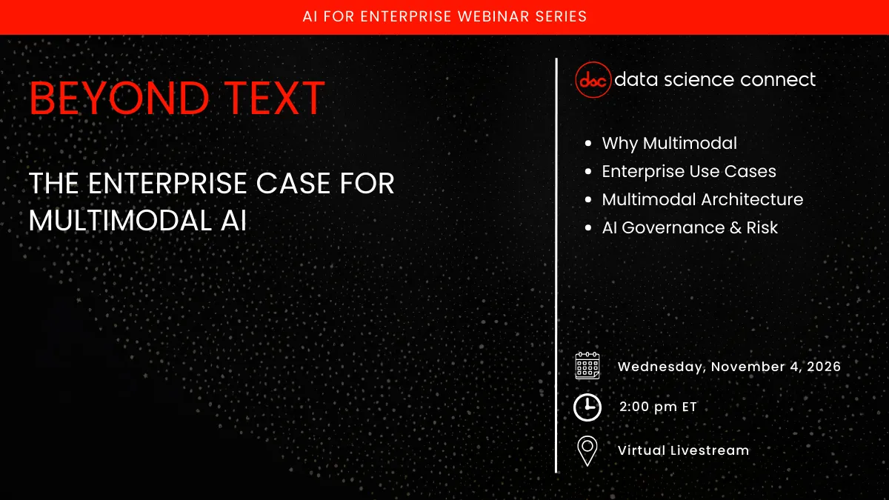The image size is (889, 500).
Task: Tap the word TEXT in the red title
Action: pos(273,99)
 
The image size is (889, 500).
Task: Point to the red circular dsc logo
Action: pos(593,80)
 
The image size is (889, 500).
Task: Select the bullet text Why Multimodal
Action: pos(669,143)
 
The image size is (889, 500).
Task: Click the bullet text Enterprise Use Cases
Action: pos(688,171)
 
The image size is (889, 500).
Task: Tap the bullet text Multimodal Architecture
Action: pos(702,199)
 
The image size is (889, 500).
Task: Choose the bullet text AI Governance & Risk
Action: pos(690,227)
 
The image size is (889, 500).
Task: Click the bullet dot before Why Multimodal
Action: pos(588,144)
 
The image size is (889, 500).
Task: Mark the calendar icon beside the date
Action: pos(587,366)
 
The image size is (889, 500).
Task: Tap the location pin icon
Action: pos(587,450)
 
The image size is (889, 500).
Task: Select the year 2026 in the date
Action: pos(822,367)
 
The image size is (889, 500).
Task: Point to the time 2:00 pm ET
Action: pos(658,407)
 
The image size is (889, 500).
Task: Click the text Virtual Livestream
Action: pos(683,450)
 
